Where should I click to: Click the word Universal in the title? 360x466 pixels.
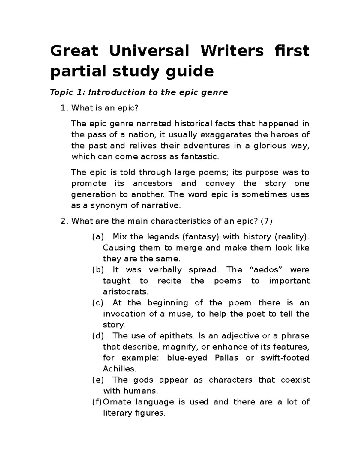coord(149,50)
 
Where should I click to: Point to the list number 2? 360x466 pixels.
coord(63,221)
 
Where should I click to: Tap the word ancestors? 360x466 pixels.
coord(153,183)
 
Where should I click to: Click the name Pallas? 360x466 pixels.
coord(226,358)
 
